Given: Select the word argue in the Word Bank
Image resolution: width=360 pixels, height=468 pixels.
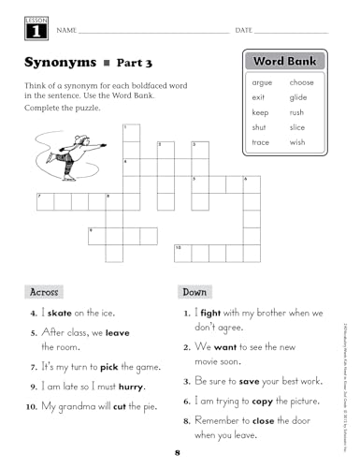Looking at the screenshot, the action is (262, 82).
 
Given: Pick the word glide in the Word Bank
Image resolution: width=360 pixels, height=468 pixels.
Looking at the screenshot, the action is (298, 97).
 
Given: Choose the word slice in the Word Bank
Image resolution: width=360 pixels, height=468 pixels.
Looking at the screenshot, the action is (297, 127).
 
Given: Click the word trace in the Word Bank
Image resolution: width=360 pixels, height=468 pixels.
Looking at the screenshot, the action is (261, 142).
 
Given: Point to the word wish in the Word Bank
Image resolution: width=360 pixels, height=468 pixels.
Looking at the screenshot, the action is (297, 142).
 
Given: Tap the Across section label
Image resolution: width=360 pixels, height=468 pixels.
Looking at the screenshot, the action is (44, 292).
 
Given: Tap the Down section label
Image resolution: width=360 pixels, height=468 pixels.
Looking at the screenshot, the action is (194, 292).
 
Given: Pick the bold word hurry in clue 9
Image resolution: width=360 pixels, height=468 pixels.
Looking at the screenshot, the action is (132, 386).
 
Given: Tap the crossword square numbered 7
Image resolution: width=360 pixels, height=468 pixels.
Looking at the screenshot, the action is (44, 201).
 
